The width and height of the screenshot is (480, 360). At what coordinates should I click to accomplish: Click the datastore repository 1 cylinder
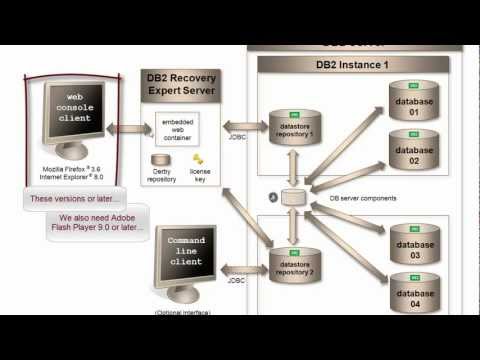pyautogui.click(x=294, y=127)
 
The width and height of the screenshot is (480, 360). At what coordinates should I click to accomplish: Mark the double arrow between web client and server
pyautogui.click(x=124, y=128)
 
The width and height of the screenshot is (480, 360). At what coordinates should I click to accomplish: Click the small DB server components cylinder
pyautogui.click(x=294, y=196)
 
